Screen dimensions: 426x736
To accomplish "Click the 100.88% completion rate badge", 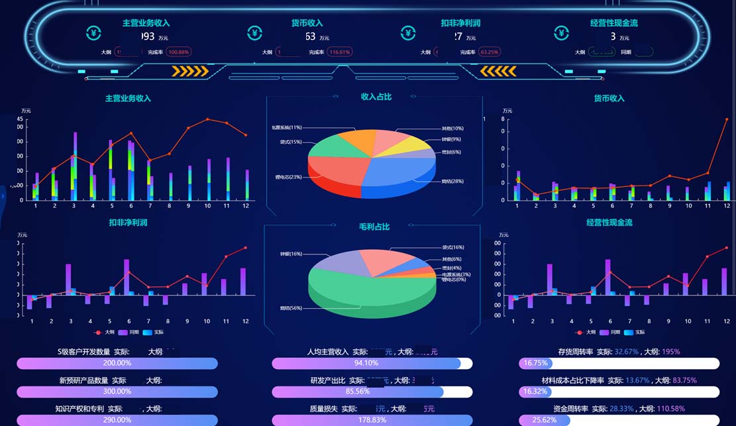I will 179,52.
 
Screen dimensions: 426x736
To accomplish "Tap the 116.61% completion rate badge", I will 340,52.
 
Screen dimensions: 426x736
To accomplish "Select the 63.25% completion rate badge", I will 490,52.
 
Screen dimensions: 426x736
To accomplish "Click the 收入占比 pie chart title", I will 376,97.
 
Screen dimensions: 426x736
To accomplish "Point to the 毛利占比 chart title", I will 374,227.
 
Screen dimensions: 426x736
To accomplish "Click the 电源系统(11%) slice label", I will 286,127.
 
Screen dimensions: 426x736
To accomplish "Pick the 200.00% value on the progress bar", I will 117,363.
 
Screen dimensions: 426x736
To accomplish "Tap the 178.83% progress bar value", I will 372,420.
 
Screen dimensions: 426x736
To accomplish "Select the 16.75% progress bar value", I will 536,363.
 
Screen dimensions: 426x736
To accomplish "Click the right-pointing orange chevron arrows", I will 190,71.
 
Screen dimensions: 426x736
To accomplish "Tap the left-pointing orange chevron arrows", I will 498,71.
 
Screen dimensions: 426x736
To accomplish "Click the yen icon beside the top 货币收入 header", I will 255,33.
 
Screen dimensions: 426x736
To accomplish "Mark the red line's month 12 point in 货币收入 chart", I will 727,119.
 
